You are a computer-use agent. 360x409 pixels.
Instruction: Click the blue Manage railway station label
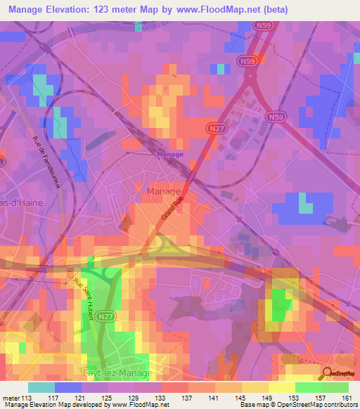click(x=170, y=155)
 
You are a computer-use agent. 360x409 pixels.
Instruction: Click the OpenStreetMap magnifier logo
click(x=327, y=373)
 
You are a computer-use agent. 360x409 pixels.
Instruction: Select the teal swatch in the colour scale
click(x=41, y=388)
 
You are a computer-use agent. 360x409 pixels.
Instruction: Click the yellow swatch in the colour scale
click(x=281, y=388)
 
